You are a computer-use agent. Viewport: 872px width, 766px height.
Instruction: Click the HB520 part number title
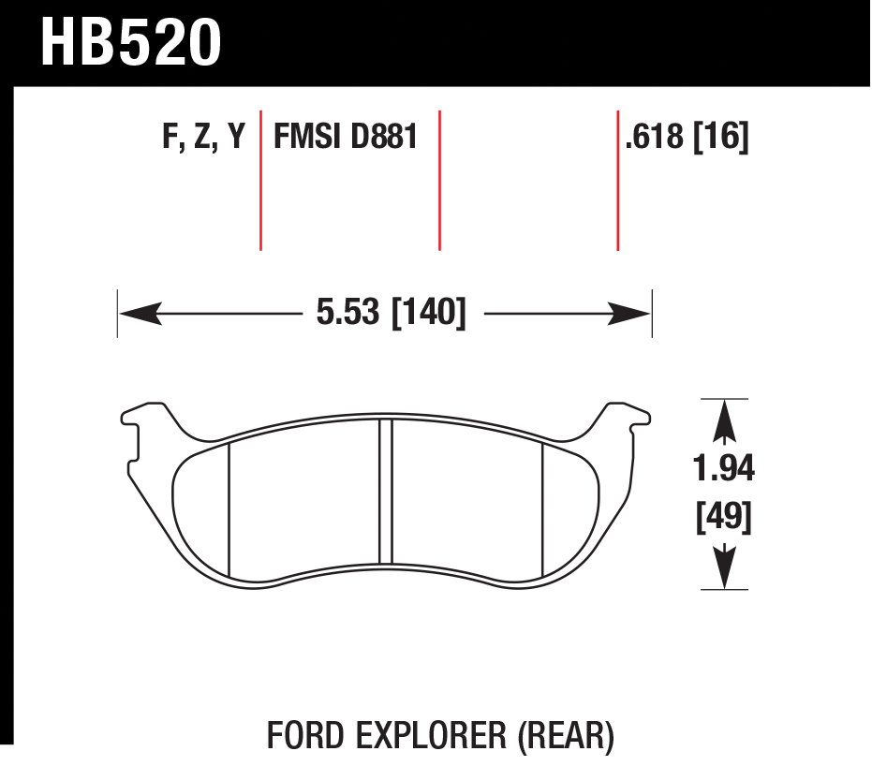131,43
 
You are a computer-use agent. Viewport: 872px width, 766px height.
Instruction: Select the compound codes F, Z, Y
203,136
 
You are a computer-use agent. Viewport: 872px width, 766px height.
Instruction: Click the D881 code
384,136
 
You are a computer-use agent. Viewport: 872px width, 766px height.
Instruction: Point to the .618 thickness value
654,136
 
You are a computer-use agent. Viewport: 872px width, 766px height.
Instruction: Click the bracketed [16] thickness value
721,136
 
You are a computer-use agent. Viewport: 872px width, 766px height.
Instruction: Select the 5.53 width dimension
347,313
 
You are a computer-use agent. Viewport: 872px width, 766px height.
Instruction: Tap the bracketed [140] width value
429,313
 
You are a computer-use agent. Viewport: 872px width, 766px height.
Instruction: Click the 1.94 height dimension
723,468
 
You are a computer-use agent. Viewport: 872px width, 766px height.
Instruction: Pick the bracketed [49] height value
723,517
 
